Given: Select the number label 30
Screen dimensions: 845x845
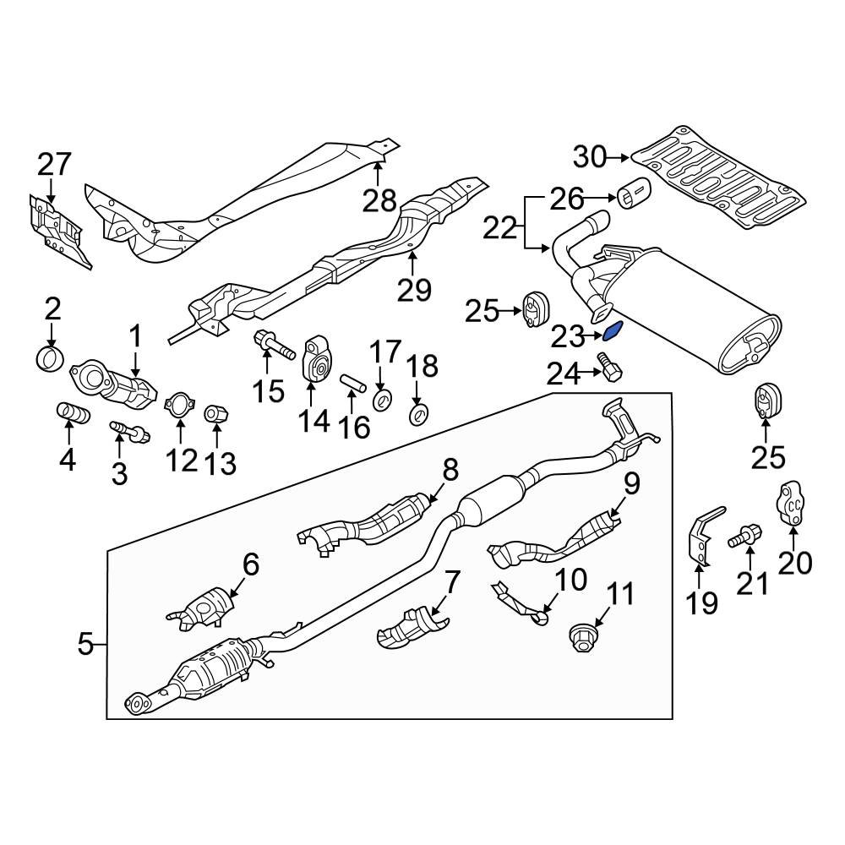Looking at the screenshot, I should click(x=591, y=156).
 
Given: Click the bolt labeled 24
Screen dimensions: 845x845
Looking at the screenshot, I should click(x=609, y=368).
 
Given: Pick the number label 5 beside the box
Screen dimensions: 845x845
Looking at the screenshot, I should click(x=85, y=645).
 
